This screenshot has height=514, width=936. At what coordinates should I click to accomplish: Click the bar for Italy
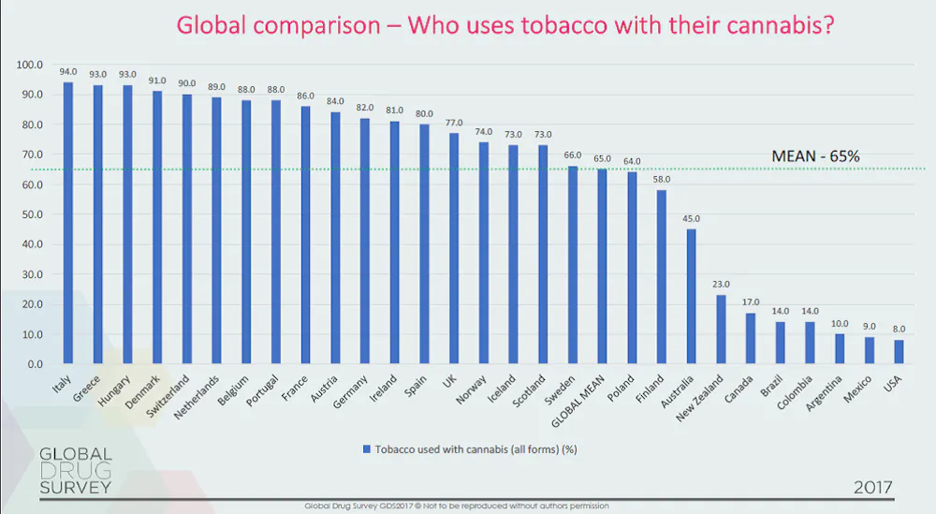pos(68,223)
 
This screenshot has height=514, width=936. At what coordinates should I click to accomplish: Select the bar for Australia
pos(692,296)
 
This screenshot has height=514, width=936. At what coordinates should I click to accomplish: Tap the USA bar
pos(899,352)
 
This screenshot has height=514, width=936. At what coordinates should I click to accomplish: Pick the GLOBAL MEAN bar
pos(602,266)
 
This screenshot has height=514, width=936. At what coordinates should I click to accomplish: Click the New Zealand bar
pos(721,329)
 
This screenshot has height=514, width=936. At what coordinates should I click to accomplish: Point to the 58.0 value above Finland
pos(662,179)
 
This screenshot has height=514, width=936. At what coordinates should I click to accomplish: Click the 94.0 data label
pos(68,72)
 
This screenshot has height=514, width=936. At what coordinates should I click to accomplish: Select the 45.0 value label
pos(692,218)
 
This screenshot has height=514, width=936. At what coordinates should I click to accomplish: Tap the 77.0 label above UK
pos(454,123)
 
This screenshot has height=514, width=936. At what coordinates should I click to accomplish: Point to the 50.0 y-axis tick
pos(32,214)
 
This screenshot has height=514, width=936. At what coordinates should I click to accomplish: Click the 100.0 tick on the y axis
pos(30,65)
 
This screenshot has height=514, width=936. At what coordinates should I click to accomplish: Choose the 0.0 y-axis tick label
pos(36,364)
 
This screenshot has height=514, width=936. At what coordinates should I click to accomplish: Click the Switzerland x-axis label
pos(168,396)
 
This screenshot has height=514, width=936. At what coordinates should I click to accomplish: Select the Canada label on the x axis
pos(739,389)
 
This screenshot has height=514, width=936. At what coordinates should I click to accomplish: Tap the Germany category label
pos(350,391)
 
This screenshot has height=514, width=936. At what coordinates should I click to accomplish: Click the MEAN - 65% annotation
pos(815,156)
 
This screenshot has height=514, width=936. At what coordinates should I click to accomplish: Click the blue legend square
pos(367,448)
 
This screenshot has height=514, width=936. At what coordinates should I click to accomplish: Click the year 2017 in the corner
pos(872,487)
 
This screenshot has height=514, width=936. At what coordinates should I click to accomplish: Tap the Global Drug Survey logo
pos(76,470)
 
